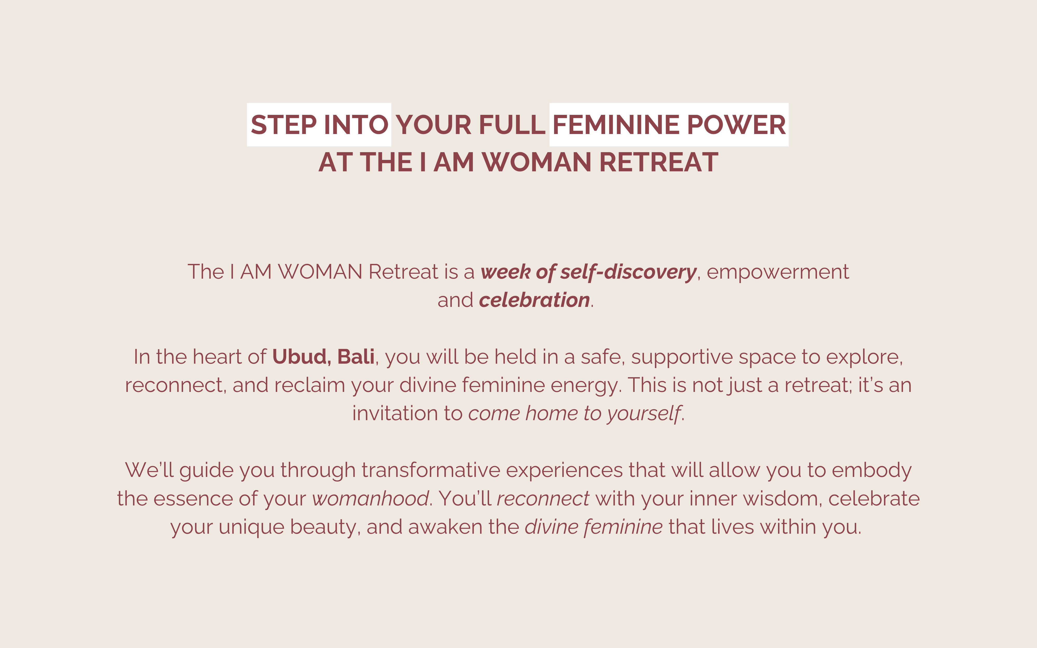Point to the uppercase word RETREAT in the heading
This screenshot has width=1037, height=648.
[x=658, y=163]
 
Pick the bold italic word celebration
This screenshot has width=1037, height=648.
[x=534, y=300]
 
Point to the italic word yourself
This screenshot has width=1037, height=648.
[x=644, y=414]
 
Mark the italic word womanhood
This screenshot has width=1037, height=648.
[x=370, y=498]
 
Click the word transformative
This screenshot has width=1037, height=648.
[x=431, y=470]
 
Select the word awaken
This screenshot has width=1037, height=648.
[x=445, y=527]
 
